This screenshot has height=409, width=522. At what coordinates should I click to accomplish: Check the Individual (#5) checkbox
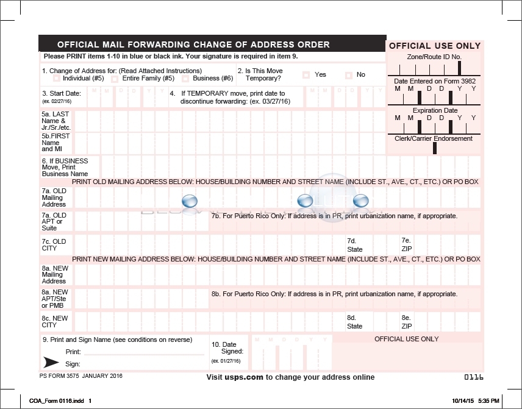[57, 79]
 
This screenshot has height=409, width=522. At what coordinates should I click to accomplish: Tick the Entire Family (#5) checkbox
[115, 79]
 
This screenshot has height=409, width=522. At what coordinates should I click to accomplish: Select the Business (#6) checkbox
[184, 79]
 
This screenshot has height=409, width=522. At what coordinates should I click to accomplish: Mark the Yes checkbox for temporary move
[306, 75]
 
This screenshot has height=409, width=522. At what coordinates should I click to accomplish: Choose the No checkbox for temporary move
[349, 75]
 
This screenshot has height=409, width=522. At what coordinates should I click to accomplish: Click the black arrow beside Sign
[52, 363]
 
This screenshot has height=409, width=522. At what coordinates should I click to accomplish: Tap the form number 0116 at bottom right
[474, 377]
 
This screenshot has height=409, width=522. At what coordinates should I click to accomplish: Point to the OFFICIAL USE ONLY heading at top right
[435, 46]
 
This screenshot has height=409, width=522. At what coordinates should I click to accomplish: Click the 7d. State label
[354, 245]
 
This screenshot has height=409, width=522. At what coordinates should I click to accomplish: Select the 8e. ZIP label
[406, 322]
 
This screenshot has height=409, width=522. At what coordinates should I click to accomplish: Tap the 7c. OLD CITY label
[54, 244]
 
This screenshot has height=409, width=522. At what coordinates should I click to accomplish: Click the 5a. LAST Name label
[56, 121]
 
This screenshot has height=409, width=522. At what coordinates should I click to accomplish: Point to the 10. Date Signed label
[227, 348]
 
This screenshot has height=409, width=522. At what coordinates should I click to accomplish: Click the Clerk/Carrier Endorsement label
[434, 138]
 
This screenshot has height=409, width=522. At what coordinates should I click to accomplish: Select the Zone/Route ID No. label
[434, 57]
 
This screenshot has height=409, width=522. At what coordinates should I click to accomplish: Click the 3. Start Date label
[61, 93]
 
